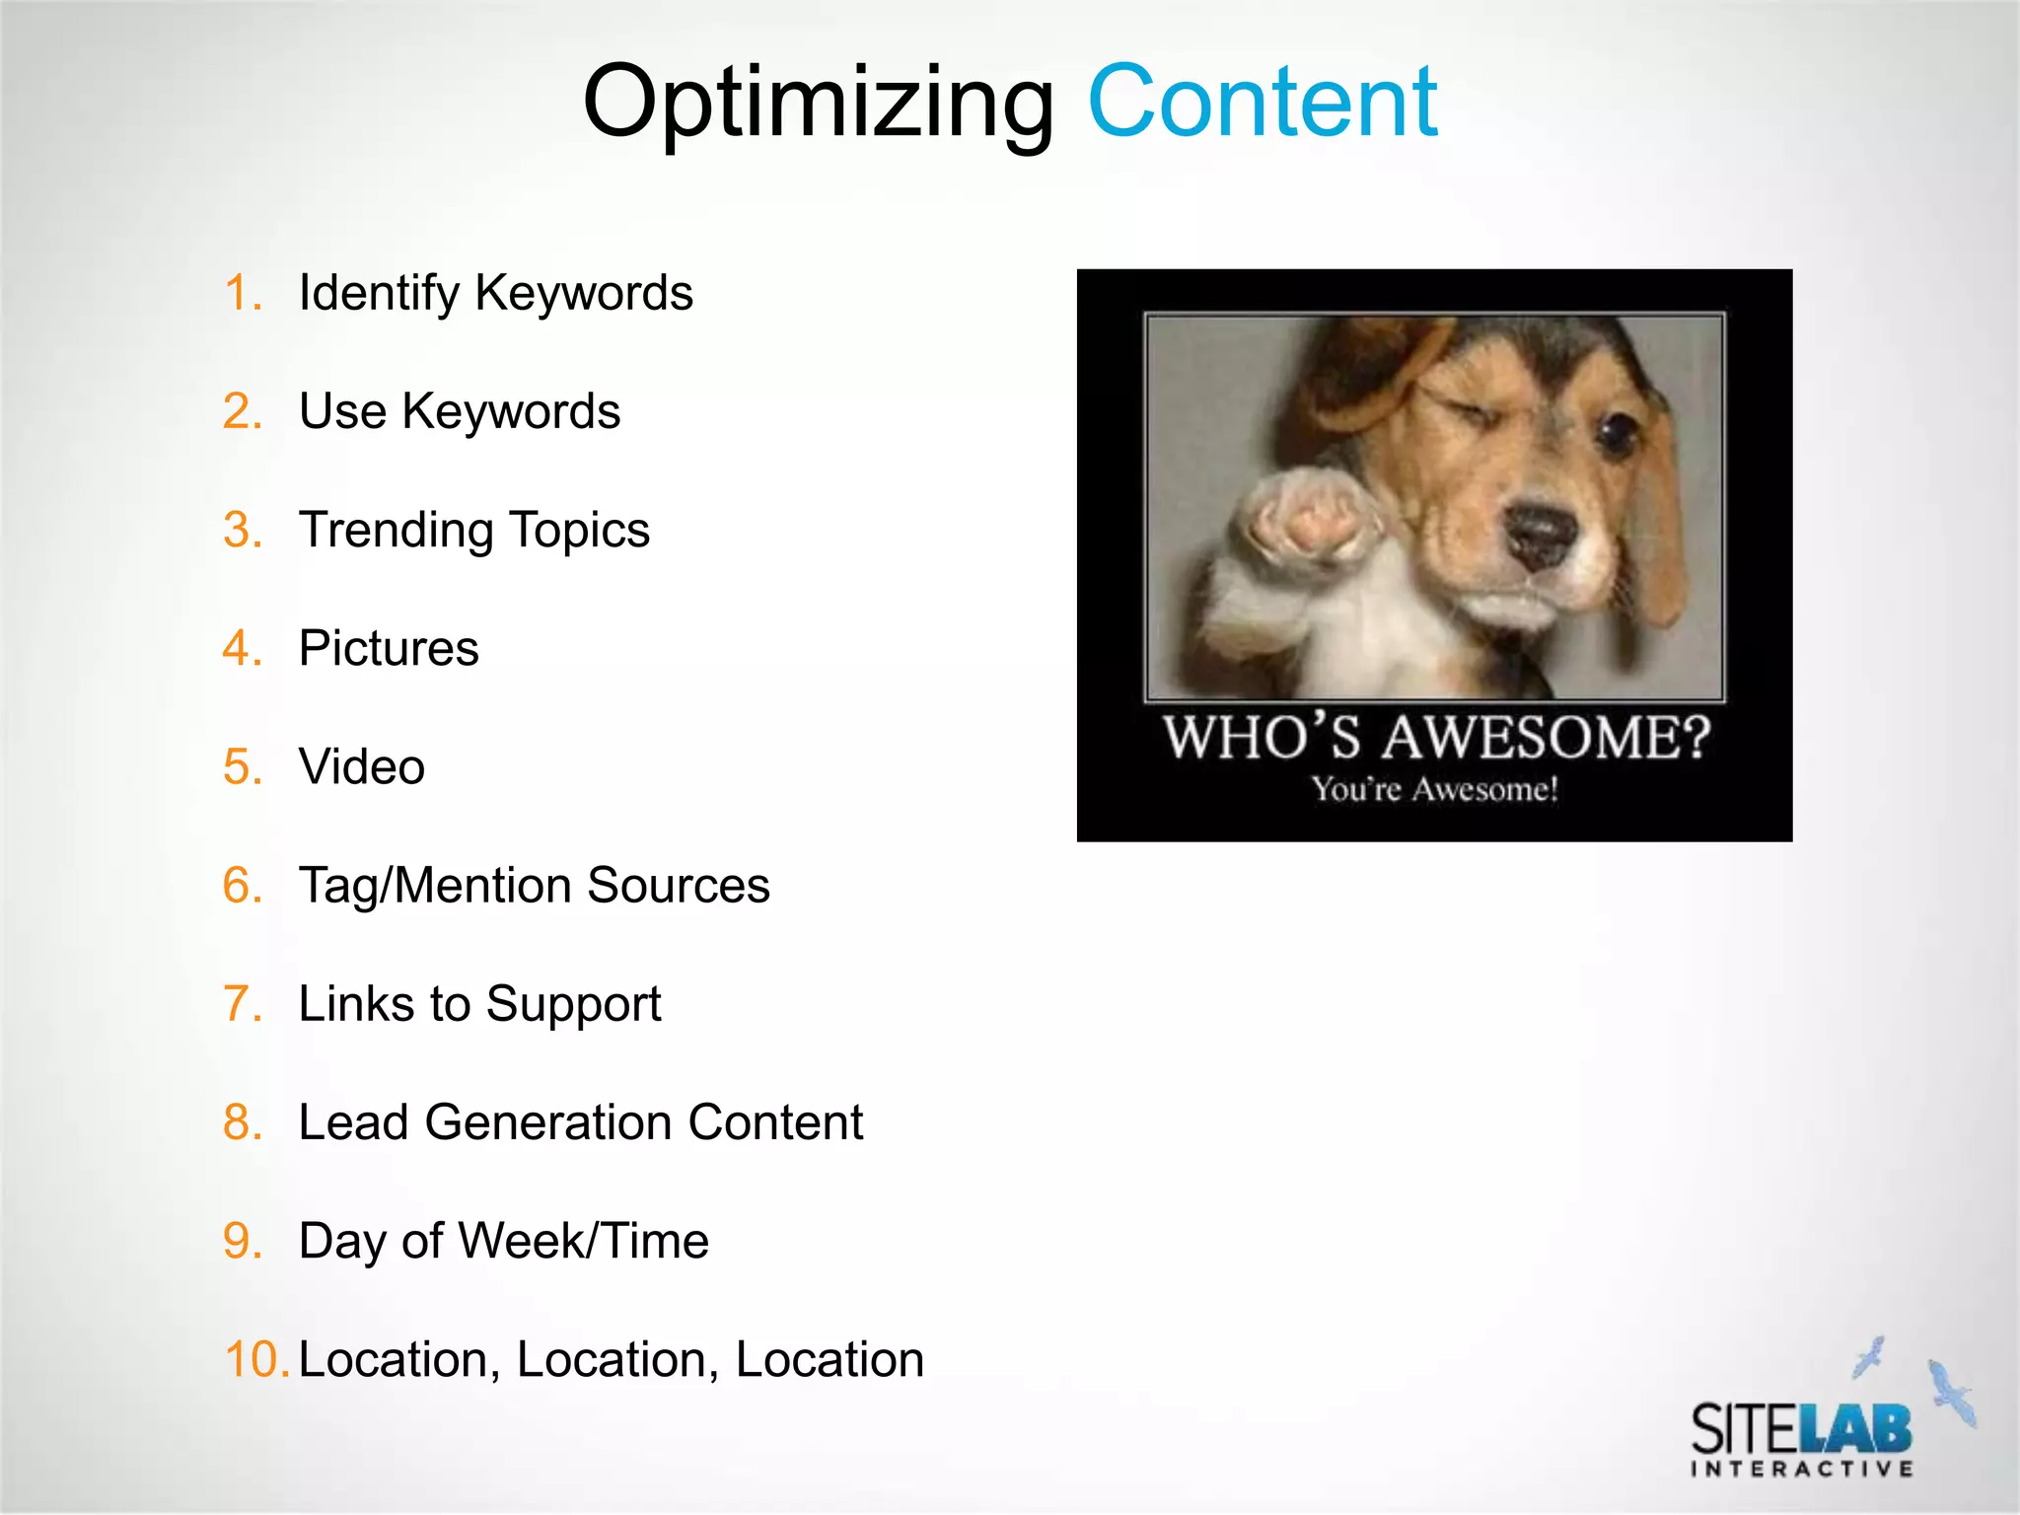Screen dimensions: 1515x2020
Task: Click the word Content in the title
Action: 1262,101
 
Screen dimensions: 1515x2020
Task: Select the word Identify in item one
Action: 379,294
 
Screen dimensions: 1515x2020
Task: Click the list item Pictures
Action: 389,648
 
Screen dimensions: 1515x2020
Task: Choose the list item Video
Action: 361,766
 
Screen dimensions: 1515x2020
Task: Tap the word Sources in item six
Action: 679,885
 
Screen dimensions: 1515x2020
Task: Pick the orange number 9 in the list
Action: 241,1241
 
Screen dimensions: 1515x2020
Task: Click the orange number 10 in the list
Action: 255,1359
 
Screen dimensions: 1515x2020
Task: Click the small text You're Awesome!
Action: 1434,790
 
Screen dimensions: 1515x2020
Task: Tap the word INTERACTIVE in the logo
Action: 1802,1469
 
